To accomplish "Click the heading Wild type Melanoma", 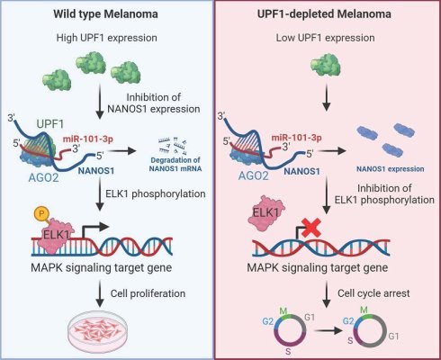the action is pyautogui.click(x=105, y=14).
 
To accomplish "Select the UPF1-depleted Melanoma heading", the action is pyautogui.click(x=324, y=14).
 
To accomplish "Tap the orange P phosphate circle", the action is pyautogui.click(x=41, y=213).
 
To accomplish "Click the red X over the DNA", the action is pyautogui.click(x=310, y=228).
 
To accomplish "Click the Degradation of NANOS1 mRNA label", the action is pyautogui.click(x=175, y=165).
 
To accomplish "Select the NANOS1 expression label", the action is pyautogui.click(x=391, y=169).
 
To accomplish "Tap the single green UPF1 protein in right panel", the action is pyautogui.click(x=326, y=64).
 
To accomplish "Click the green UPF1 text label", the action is pyautogui.click(x=50, y=124).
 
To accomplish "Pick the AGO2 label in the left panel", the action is pyautogui.click(x=43, y=177).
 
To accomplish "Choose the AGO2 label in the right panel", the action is pyautogui.click(x=254, y=175).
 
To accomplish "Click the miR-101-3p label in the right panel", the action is pyautogui.click(x=296, y=138).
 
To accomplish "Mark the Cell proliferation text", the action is pyautogui.click(x=148, y=293).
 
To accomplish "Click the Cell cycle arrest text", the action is pyautogui.click(x=373, y=293).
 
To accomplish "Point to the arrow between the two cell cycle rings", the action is pyautogui.click(x=328, y=331).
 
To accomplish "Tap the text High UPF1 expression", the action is pyautogui.click(x=107, y=38).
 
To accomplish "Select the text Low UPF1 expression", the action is pyautogui.click(x=325, y=38).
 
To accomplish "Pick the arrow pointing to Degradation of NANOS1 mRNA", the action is pyautogui.click(x=122, y=151).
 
